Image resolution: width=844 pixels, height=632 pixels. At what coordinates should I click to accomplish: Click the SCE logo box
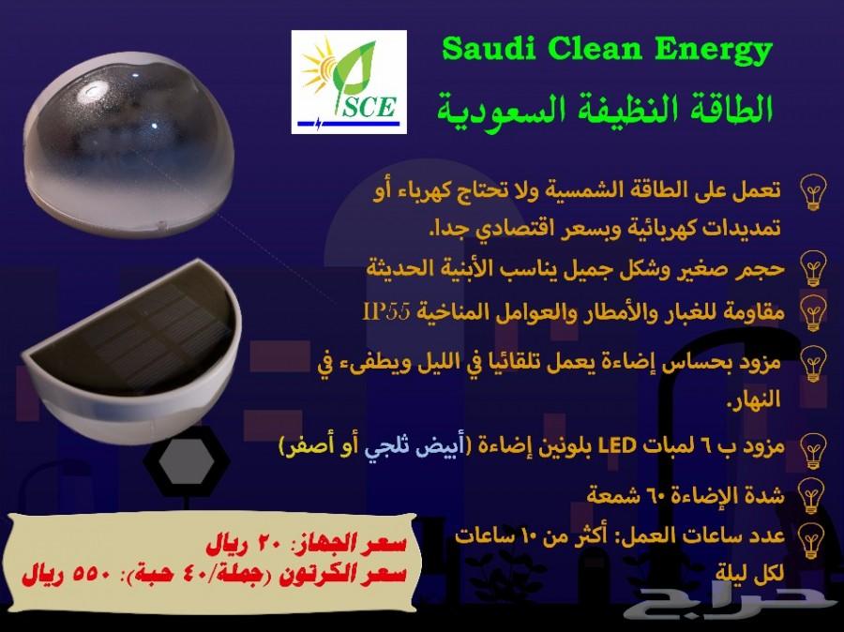[349, 82]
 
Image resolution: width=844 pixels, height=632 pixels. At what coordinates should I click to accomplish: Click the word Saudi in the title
[489, 49]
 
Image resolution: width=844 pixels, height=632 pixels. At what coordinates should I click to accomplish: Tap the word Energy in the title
[714, 52]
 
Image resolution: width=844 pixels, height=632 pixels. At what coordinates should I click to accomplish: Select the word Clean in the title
[595, 49]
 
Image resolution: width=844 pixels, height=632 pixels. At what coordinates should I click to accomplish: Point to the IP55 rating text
[386, 311]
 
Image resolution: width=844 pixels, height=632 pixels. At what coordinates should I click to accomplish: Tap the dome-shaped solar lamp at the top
[129, 143]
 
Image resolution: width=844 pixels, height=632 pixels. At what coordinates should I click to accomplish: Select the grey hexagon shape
[187, 462]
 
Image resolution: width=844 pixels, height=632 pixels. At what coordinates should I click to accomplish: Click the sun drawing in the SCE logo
[319, 68]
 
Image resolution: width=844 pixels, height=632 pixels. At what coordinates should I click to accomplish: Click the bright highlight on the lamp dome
[90, 92]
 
